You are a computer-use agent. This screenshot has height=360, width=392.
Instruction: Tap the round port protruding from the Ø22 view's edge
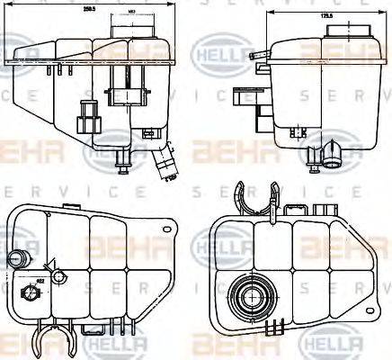point(14,260)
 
